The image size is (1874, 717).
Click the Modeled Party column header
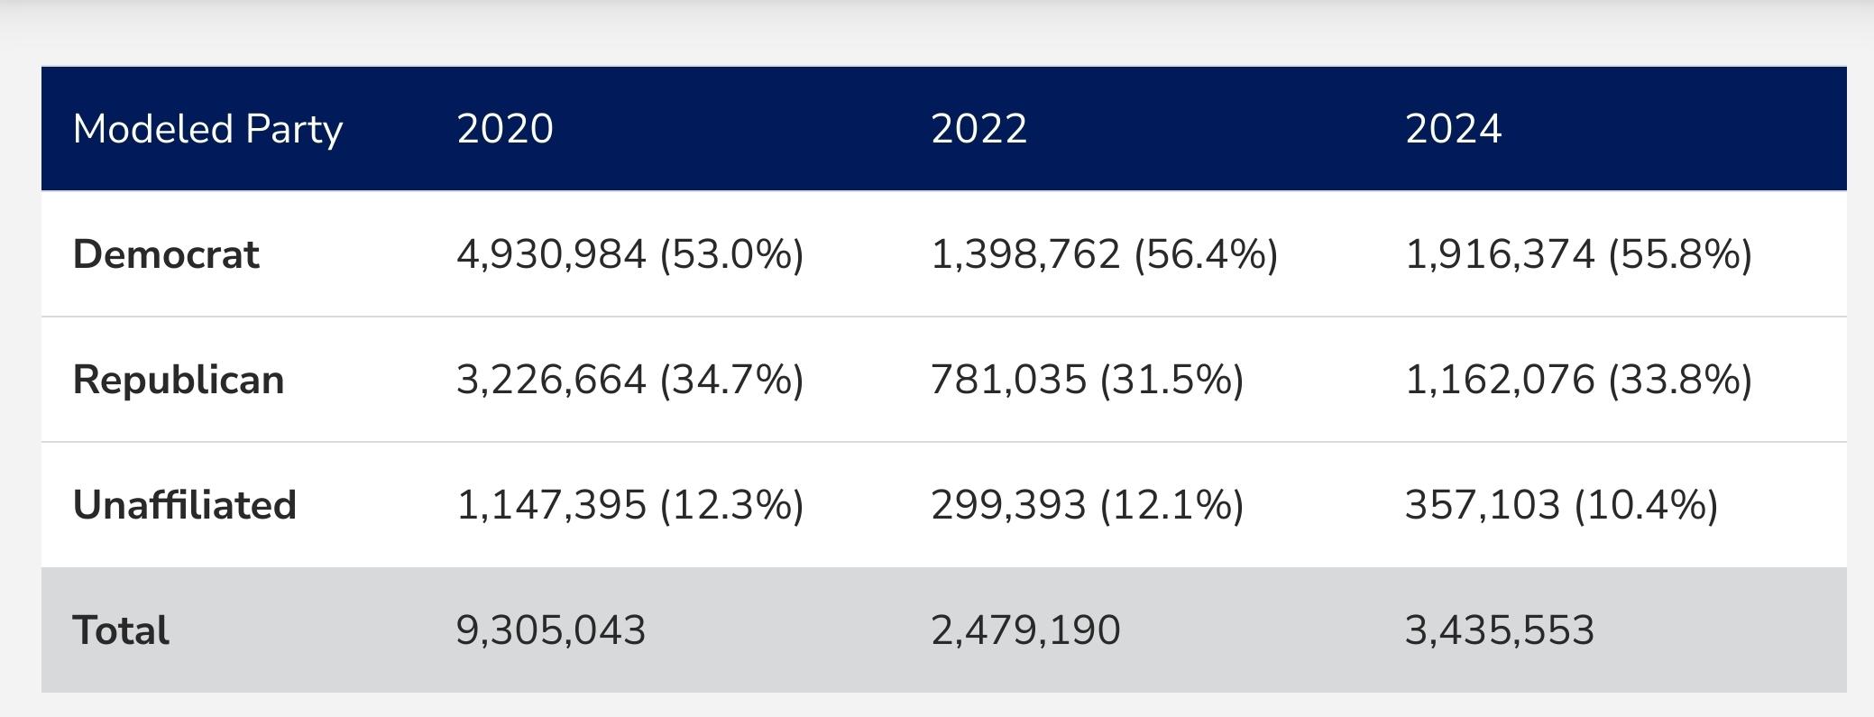tap(207, 129)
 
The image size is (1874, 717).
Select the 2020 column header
tap(505, 129)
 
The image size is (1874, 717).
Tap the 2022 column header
tap(978, 129)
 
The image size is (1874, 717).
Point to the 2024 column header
tap(1453, 129)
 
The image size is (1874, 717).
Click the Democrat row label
tap(166, 254)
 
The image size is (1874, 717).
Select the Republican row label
tap(179, 380)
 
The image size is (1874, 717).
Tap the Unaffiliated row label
tap(185, 505)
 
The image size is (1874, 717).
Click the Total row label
tap(121, 630)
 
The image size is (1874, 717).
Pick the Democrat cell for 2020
tap(629, 254)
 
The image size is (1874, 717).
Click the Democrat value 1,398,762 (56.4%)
tap(1104, 254)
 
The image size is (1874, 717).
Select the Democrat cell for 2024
tap(1578, 254)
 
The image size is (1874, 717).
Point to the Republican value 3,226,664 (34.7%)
tap(629, 380)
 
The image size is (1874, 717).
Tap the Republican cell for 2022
tap(1087, 380)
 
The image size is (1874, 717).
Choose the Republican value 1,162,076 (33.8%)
tap(1578, 380)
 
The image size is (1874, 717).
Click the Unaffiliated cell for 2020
tap(629, 505)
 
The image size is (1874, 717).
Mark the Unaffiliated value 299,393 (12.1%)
tap(1087, 505)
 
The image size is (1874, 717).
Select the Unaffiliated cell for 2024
tap(1561, 505)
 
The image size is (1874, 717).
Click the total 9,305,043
tap(551, 630)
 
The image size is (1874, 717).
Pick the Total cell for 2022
tap(1025, 630)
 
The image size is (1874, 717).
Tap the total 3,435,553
tap(1500, 630)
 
